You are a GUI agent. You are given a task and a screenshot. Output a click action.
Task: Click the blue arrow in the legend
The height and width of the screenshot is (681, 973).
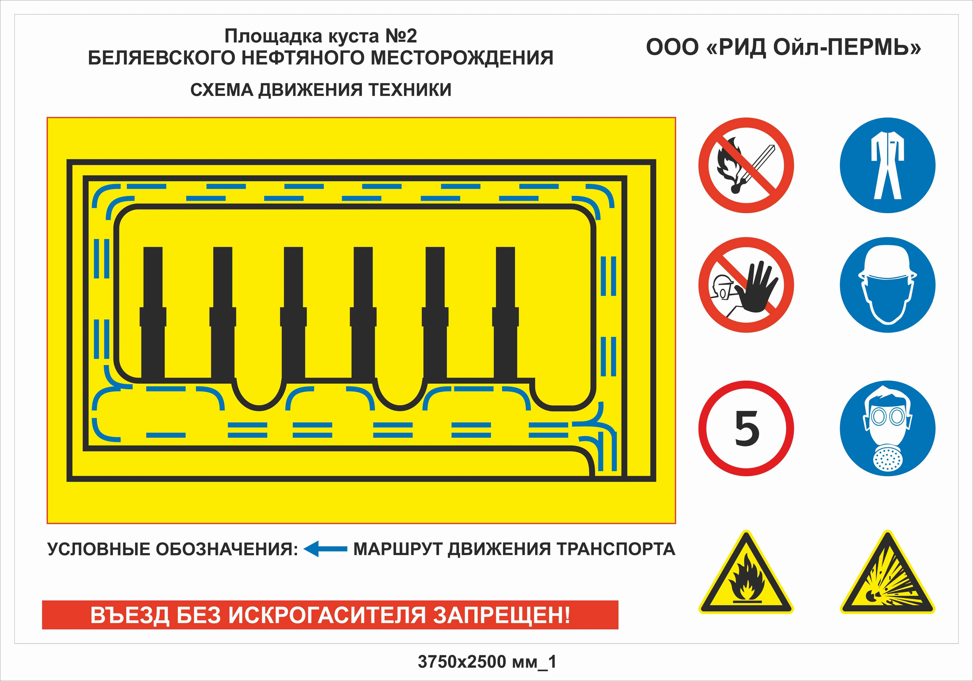pyautogui.click(x=325, y=549)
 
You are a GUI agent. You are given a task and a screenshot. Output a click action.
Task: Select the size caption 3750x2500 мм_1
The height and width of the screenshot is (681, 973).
pyautogui.click(x=487, y=661)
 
